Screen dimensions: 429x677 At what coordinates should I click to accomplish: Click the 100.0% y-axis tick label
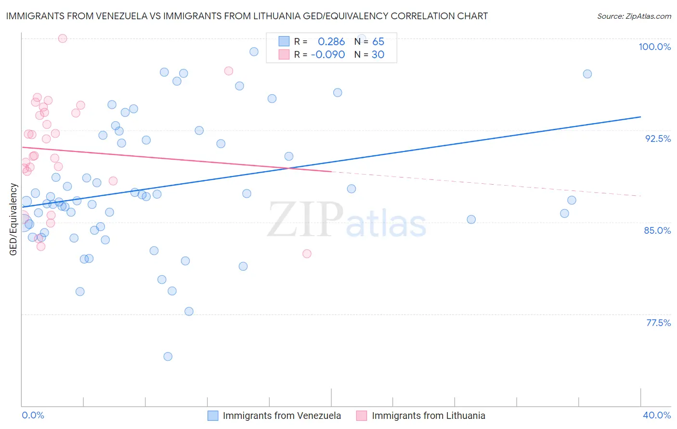pyautogui.click(x=654, y=47)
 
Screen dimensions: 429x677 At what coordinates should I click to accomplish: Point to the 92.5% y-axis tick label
pyautogui.click(x=658, y=139)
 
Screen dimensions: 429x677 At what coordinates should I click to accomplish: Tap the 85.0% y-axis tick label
pyautogui.click(x=657, y=230)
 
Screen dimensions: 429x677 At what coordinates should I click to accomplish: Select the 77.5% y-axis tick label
pyautogui.click(x=658, y=323)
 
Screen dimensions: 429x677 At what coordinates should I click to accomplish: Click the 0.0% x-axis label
pyautogui.click(x=33, y=415)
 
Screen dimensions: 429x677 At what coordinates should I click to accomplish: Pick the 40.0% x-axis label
pyautogui.click(x=656, y=415)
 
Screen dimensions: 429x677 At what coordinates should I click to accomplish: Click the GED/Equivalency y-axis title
pyautogui.click(x=13, y=219)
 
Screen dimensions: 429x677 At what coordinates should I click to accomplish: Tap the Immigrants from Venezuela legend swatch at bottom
pyautogui.click(x=213, y=416)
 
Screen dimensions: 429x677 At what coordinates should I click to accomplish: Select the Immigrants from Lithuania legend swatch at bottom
pyautogui.click(x=362, y=416)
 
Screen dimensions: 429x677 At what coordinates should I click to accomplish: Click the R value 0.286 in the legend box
pyautogui.click(x=331, y=42)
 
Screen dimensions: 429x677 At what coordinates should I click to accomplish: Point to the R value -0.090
pyautogui.click(x=328, y=55)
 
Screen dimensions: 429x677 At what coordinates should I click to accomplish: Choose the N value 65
pyautogui.click(x=378, y=42)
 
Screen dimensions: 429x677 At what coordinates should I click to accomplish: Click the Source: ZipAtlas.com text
pyautogui.click(x=634, y=16)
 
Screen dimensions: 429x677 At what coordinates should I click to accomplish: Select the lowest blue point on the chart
pyautogui.click(x=168, y=356)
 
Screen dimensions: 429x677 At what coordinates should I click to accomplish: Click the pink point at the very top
pyautogui.click(x=63, y=38)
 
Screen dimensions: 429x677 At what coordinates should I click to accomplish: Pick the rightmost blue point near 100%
pyautogui.click(x=587, y=74)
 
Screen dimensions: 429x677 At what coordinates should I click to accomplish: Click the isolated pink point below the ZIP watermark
pyautogui.click(x=307, y=253)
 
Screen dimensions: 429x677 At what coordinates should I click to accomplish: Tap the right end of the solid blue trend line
pyautogui.click(x=640, y=117)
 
